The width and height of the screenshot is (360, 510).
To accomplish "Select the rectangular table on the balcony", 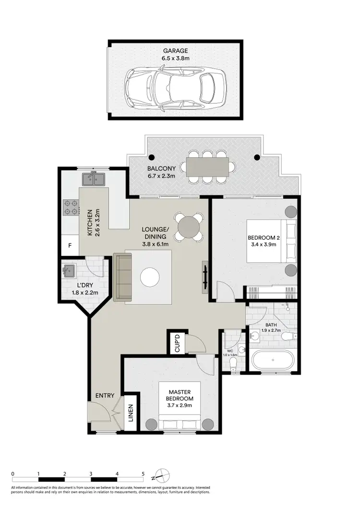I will point(207,167).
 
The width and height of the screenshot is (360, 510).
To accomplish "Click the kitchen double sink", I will point(94,179).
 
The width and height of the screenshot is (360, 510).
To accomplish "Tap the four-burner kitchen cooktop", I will point(71,207).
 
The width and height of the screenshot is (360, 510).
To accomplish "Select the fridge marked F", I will point(70,246).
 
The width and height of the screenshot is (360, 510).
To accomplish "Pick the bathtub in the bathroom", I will point(272,360).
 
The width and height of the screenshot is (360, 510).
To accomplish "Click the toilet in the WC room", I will point(234,364).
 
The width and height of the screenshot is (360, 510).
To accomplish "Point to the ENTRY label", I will point(105,396).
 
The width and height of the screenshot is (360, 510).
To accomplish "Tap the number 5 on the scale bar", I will point(143,474).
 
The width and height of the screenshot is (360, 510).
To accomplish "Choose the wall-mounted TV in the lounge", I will point(205,277).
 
